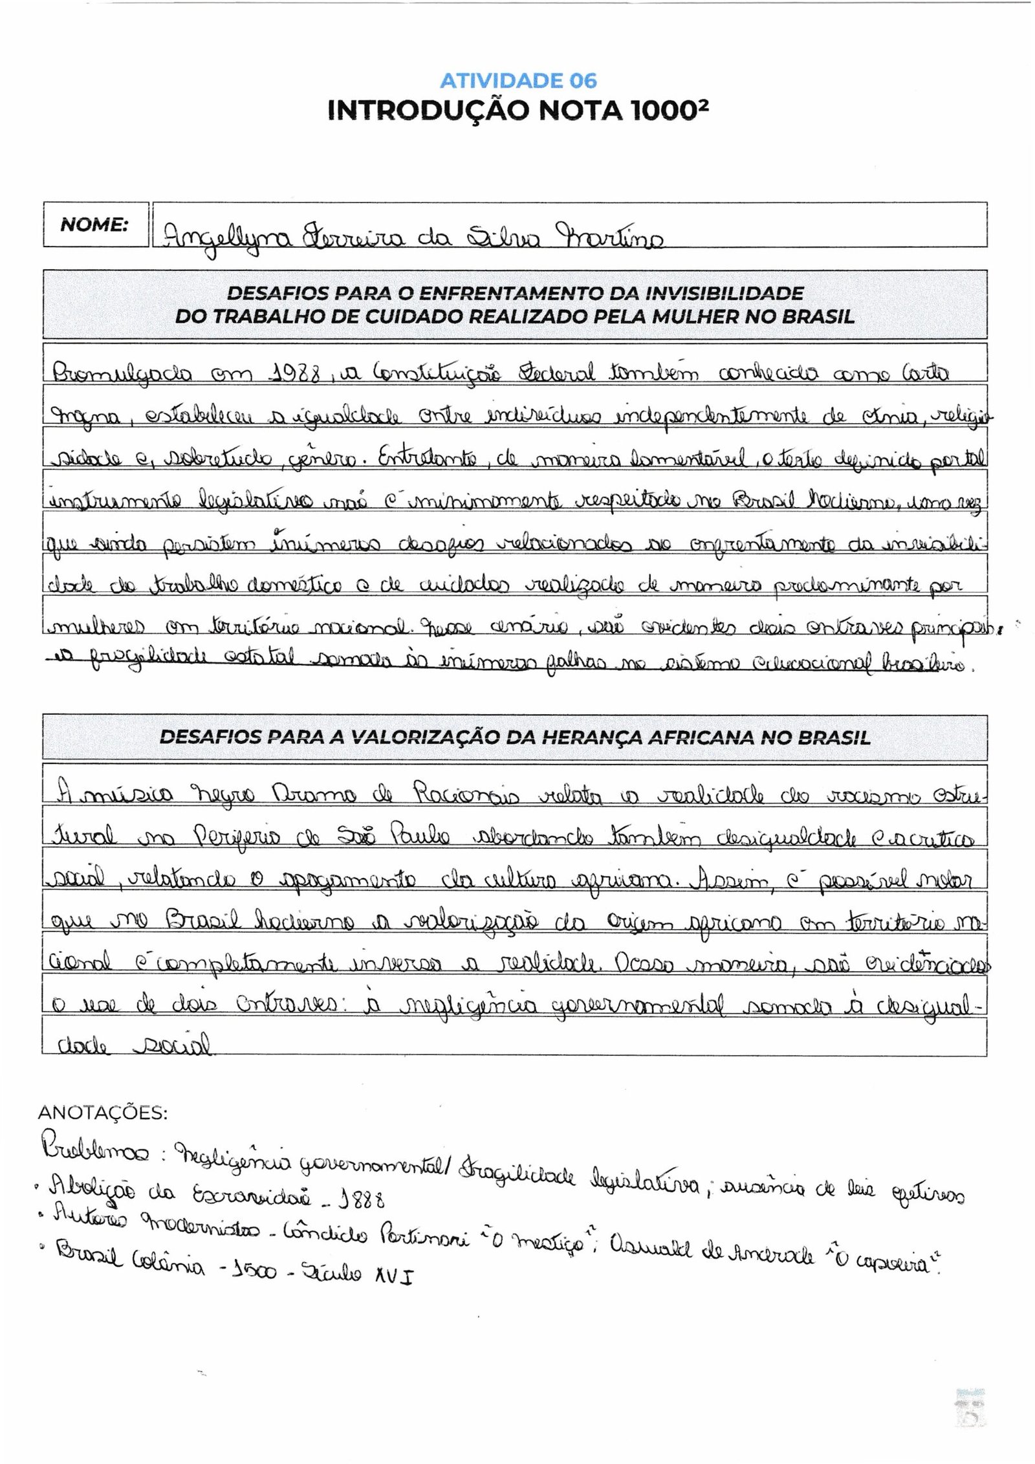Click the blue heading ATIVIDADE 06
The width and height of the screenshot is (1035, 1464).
point(518,81)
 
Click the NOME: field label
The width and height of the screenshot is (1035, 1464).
point(94,225)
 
